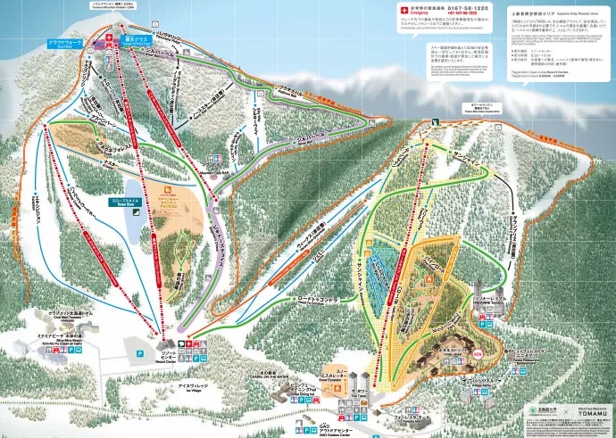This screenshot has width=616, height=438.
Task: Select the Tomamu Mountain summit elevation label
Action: (124, 6)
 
